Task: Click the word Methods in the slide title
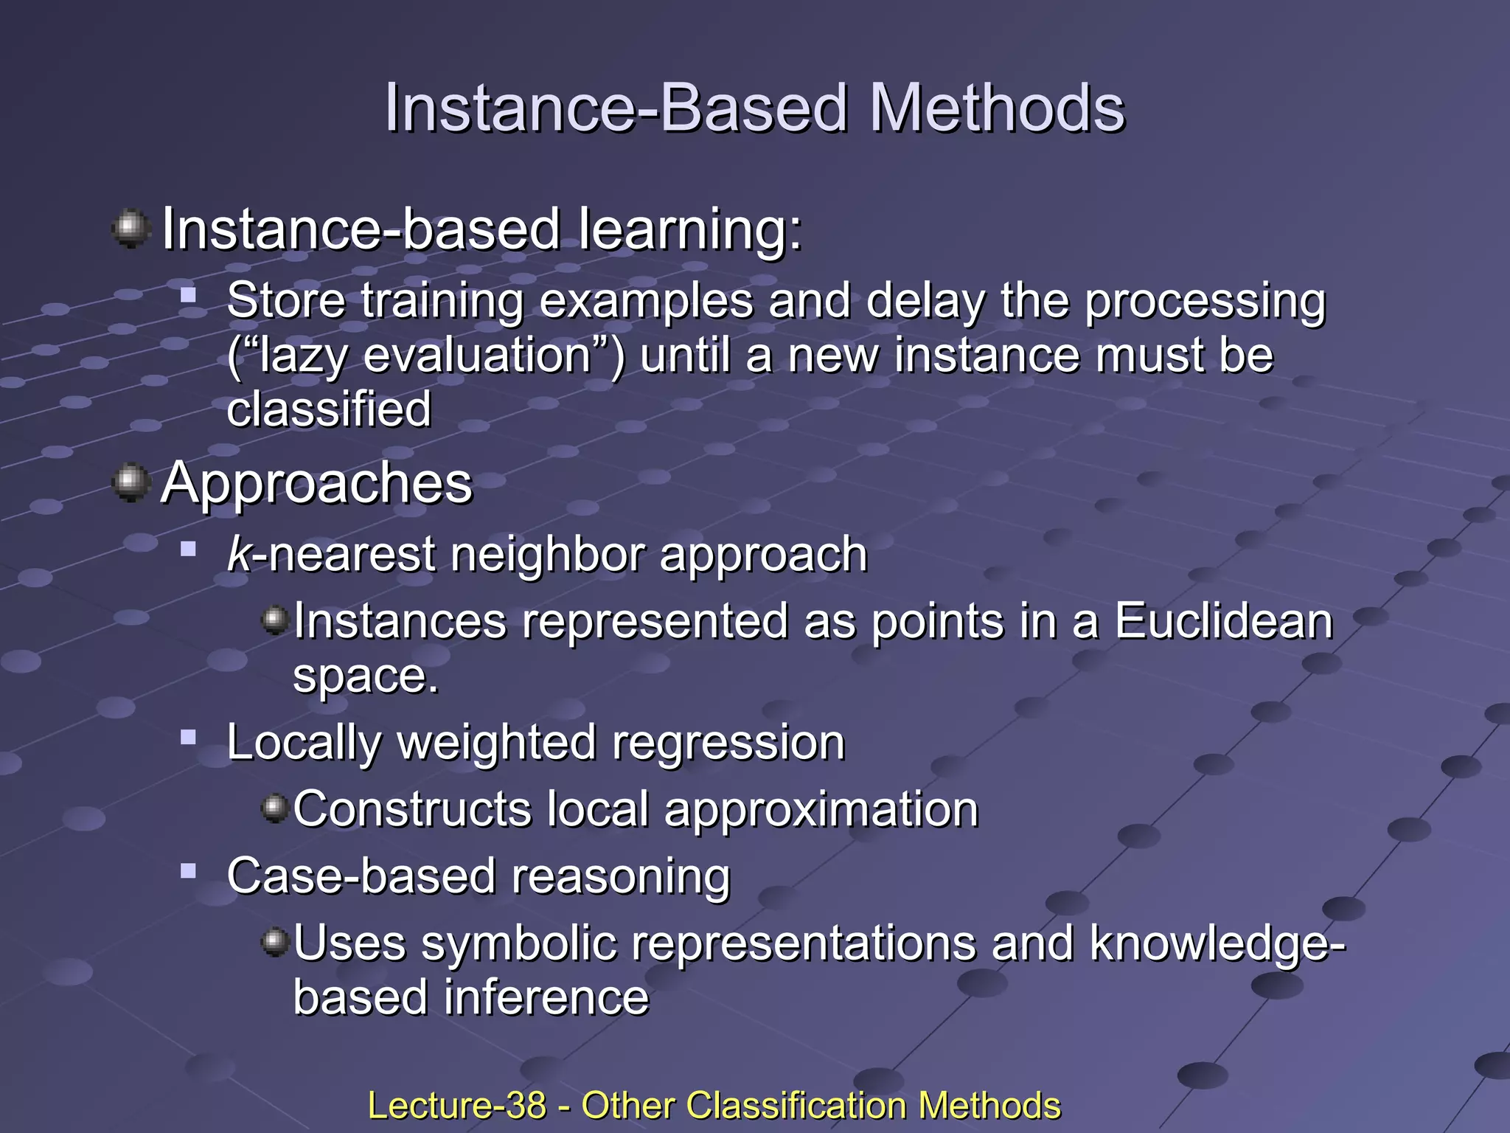(x=997, y=108)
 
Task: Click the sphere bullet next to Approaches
(x=131, y=482)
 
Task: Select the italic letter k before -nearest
(x=239, y=554)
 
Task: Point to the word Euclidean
(x=1223, y=621)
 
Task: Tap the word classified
(x=329, y=409)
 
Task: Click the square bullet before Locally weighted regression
(x=189, y=737)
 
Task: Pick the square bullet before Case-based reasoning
(x=189, y=871)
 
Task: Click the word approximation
(x=821, y=810)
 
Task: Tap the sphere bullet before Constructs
(x=275, y=808)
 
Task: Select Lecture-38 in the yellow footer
(x=456, y=1106)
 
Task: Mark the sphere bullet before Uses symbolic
(x=275, y=942)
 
